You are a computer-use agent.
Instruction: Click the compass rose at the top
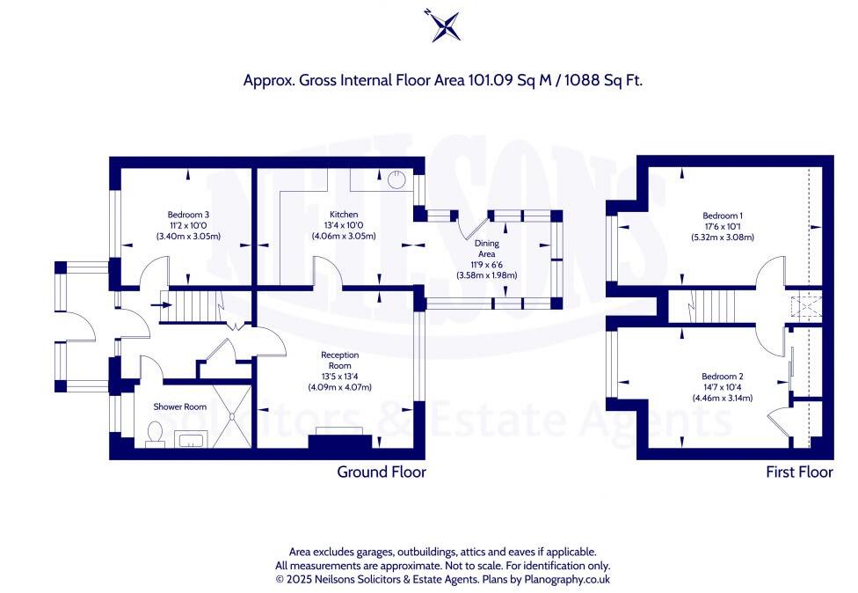[x=442, y=25]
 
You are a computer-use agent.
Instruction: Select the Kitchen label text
[x=344, y=215]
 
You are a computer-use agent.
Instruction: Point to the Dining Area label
[x=486, y=249]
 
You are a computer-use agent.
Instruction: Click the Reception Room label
[x=340, y=361]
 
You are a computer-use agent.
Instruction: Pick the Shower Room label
[x=180, y=406]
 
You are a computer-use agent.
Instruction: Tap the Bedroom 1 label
[x=723, y=216]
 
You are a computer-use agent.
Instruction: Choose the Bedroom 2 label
[x=723, y=377]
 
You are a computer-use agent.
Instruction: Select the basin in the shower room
[x=189, y=439]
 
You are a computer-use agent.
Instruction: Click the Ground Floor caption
[x=382, y=472]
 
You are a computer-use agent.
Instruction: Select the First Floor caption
[x=799, y=472]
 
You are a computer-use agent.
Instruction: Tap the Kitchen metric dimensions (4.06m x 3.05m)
[x=344, y=237]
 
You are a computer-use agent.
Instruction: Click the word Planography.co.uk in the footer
[x=567, y=579]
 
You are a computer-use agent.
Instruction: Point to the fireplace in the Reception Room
[x=340, y=439]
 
